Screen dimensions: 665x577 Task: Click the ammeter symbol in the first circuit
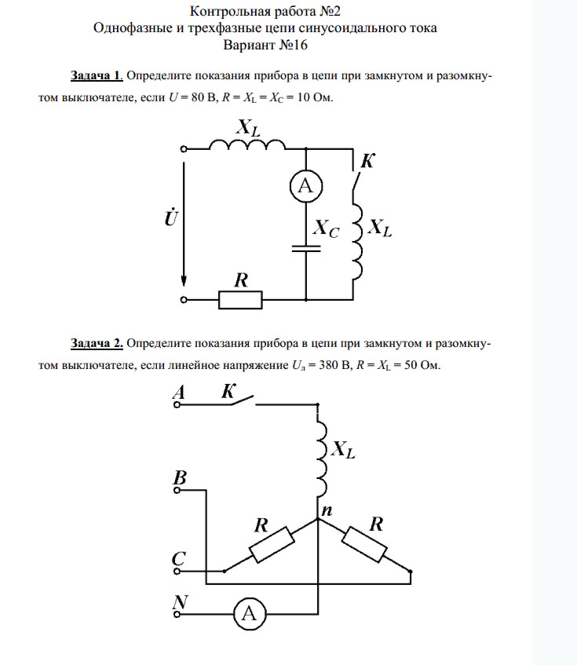pos(305,185)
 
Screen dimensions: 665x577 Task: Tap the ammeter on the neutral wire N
pos(249,615)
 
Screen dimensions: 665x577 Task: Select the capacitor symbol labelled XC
pos(305,247)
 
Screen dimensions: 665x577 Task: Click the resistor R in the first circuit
pos(240,299)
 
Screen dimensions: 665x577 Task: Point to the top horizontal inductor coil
pos(247,145)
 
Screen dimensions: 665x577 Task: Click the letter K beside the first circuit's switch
pos(367,162)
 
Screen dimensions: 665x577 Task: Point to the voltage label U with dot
pos(170,217)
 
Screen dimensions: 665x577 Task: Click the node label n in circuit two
pos(327,510)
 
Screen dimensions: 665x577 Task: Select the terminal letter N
pos(181,602)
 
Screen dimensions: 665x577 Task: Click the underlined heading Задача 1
pos(97,76)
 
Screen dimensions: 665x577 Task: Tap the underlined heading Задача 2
pos(97,343)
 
